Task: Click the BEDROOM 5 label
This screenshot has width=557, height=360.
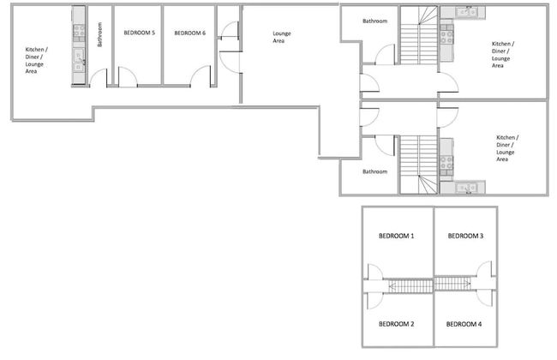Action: point(139,33)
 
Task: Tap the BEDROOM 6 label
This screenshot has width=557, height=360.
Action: point(189,33)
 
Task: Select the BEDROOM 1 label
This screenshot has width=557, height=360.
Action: point(396,236)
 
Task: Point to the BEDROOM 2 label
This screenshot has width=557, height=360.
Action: point(396,324)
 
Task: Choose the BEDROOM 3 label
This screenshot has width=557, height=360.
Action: point(465,236)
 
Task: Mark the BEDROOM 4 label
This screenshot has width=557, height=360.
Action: point(464,324)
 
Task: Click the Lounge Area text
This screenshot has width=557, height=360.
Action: point(281,37)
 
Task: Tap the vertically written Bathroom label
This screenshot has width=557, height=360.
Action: point(99,34)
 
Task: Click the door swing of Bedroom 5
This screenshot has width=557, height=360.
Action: point(128,76)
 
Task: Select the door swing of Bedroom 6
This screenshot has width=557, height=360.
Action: point(201,75)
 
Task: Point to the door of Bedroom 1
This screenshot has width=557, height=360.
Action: point(375,272)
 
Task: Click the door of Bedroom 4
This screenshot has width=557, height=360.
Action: point(486,298)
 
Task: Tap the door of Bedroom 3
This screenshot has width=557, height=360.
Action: point(484,269)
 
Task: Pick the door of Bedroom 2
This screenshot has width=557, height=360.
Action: point(375,301)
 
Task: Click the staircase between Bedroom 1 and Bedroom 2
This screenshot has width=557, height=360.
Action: point(410,286)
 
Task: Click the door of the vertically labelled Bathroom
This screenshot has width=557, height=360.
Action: point(99,78)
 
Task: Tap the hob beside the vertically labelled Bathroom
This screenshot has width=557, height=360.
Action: point(79,33)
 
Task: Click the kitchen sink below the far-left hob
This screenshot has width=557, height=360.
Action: point(79,60)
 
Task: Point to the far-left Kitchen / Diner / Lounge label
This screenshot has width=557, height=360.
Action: point(36,60)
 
